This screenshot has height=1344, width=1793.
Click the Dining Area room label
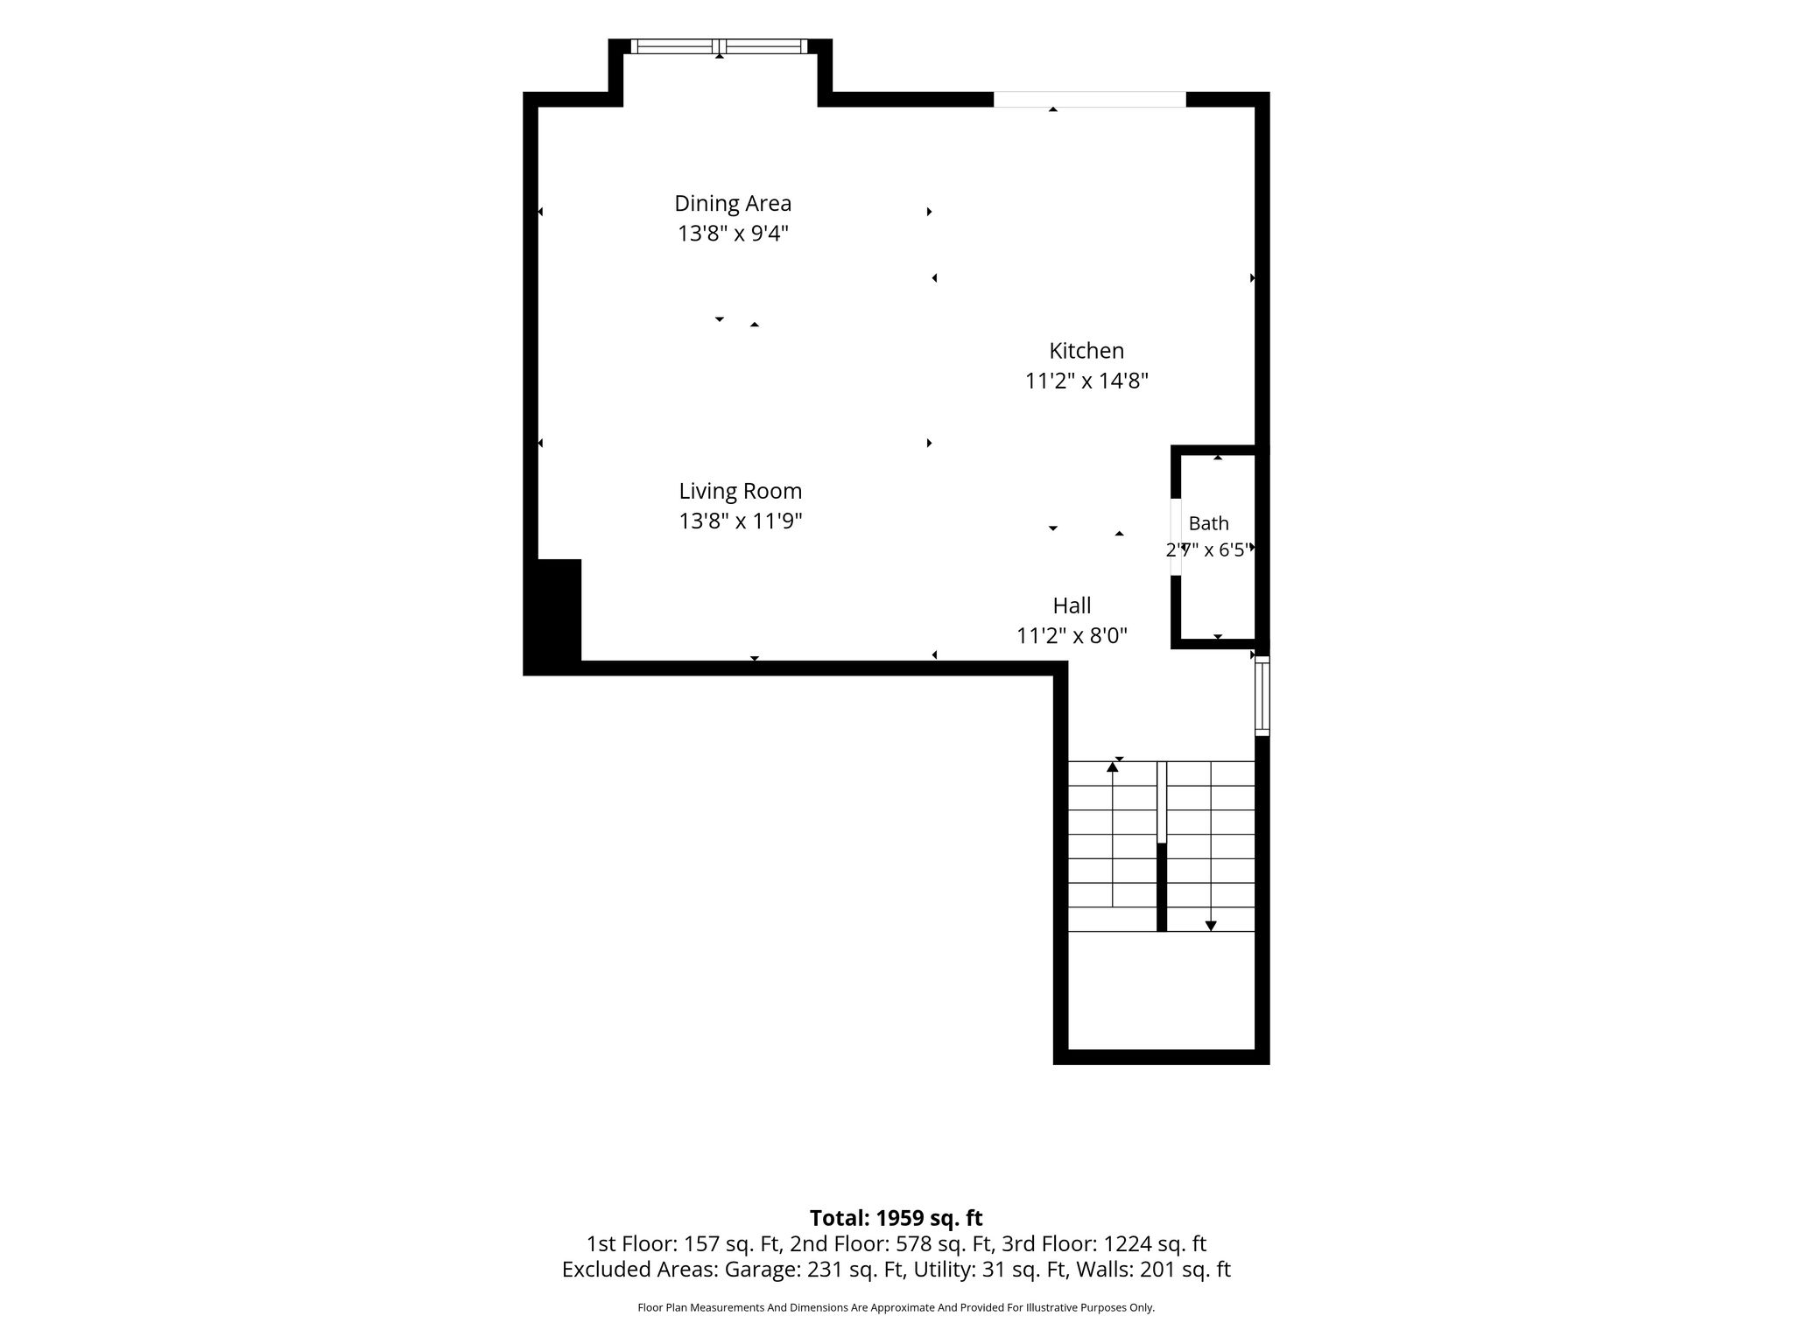733,204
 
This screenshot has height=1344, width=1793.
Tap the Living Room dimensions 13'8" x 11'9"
741,521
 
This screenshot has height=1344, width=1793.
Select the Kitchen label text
1086,351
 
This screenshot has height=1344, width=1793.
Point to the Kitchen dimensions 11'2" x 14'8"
1086,381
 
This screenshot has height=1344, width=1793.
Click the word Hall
1072,605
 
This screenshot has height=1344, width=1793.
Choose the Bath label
1208,523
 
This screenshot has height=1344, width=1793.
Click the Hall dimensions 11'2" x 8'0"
1072,636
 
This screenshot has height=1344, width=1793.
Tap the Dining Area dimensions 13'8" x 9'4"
733,234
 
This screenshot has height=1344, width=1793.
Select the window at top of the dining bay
719,46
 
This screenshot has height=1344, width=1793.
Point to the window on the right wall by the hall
1262,696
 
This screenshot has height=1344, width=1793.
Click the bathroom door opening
1176,537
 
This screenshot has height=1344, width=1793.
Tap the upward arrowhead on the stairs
1113,767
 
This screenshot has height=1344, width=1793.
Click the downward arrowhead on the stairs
1211,926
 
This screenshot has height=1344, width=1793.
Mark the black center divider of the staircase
1162,887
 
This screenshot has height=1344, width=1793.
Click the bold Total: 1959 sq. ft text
896,1218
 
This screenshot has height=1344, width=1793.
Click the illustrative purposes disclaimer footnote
896,1307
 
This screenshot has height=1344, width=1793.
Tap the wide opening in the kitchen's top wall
1090,100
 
